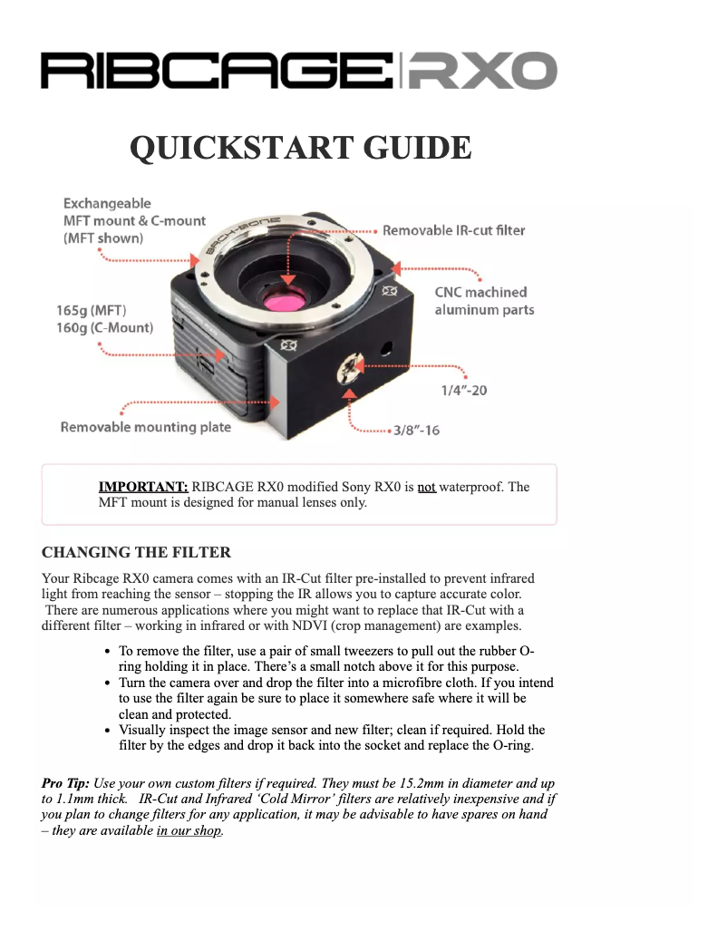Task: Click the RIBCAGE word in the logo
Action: pos(218,71)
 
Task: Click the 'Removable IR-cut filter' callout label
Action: pos(453,230)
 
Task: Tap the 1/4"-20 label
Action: pos(464,391)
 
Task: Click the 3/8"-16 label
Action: pos(416,430)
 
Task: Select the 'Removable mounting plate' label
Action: pos(145,427)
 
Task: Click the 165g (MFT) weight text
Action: pos(91,310)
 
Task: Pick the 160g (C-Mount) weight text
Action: pos(104,327)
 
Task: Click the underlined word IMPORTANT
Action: pos(143,487)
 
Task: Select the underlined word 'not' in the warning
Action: pos(426,487)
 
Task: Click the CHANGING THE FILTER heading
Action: pos(136,552)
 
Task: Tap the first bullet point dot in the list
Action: pos(108,652)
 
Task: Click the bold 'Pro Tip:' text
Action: pos(65,782)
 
